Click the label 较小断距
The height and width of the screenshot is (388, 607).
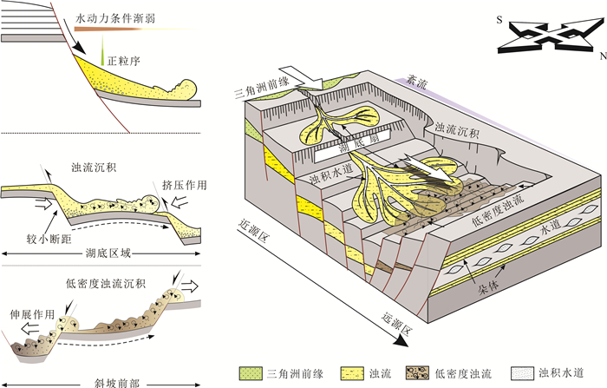click(55, 234)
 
